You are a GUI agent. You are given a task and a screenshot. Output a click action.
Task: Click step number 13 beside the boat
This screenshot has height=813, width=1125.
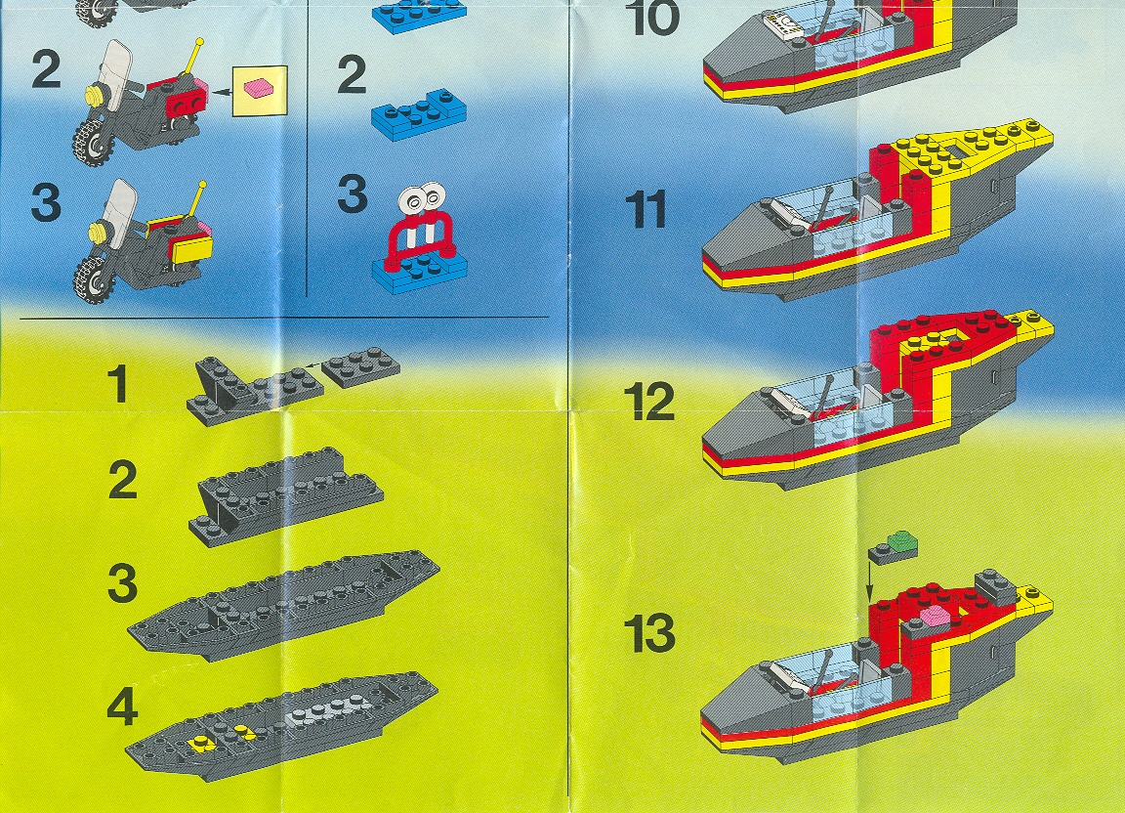click(649, 633)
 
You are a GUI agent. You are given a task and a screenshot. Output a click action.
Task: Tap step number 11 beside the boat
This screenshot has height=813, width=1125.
click(646, 209)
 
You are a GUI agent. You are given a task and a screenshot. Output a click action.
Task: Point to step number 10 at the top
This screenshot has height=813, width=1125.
click(653, 18)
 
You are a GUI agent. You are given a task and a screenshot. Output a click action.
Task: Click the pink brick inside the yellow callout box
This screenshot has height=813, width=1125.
click(259, 88)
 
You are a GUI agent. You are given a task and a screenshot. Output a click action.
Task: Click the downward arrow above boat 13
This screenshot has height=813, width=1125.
click(869, 581)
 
